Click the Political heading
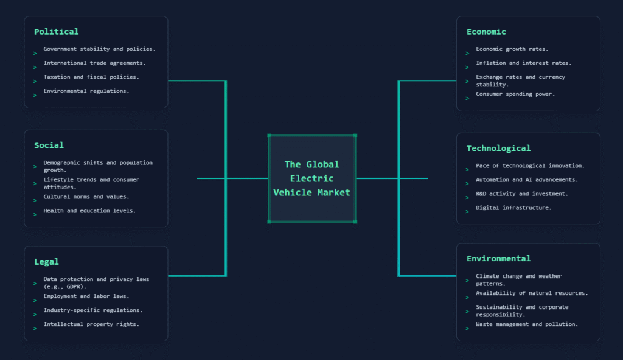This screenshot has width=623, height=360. tap(56, 32)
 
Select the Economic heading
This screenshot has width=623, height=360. tap(486, 32)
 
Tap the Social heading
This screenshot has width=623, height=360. tap(49, 145)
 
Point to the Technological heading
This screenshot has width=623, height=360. tap(498, 148)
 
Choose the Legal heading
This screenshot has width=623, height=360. tap(46, 261)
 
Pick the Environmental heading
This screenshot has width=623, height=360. tap(498, 259)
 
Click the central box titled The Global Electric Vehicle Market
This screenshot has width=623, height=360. tap(312, 178)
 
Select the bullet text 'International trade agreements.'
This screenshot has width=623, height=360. tap(94, 63)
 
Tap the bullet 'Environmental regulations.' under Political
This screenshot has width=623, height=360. tap(86, 91)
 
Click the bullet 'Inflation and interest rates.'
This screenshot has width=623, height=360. tap(523, 63)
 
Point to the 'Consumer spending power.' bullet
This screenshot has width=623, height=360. tap(515, 94)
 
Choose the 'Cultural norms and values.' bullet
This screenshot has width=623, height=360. tap(86, 196)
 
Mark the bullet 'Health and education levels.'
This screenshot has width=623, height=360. tap(89, 210)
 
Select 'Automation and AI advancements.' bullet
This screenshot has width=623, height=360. tap(527, 179)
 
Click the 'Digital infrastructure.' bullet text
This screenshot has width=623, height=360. tap(513, 207)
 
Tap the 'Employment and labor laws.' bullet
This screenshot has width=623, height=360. tap(86, 296)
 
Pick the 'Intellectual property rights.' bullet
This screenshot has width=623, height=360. tap(91, 324)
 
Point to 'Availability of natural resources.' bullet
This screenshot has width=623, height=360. tap(532, 293)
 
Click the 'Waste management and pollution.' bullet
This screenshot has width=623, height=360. tap(527, 324)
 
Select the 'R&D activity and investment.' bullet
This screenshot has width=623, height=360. tap(521, 193)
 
